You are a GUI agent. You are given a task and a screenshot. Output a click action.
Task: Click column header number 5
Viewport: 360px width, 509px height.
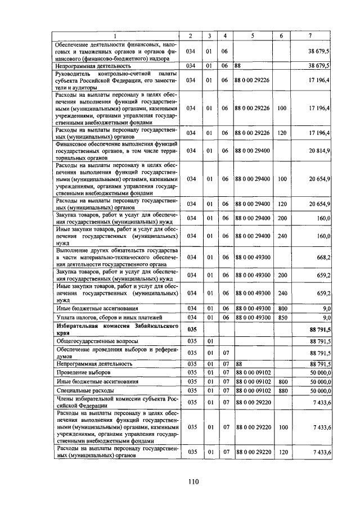tap(253, 37)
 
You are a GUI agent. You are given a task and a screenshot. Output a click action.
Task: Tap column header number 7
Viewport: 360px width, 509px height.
tap(311, 37)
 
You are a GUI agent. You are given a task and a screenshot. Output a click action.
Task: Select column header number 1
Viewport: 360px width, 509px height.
tap(116, 37)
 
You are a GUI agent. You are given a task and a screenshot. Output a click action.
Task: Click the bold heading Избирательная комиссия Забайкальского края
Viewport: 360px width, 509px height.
tap(116, 329)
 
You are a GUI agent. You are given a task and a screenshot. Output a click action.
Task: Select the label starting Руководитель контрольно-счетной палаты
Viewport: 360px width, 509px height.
tap(116, 80)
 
